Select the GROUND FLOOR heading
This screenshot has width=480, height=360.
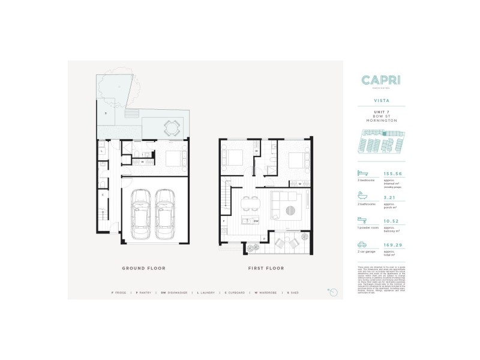143,268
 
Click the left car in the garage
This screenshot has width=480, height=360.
141,212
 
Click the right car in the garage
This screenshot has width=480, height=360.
166,212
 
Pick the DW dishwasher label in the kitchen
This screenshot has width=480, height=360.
256,221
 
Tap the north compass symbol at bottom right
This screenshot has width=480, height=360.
334,292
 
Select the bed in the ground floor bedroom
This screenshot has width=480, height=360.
175,159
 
